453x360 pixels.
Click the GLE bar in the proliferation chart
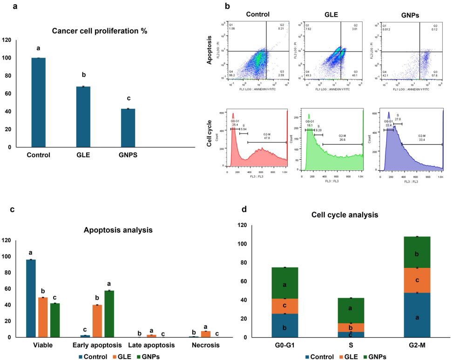(x=84, y=117)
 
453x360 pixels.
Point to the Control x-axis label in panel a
(x=39, y=155)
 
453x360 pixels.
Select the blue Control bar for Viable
(x=31, y=298)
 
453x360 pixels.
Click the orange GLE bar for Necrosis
(x=206, y=334)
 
